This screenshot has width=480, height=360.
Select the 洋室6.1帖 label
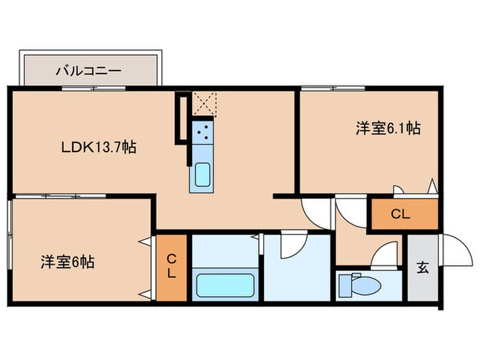387,128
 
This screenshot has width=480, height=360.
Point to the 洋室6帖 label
67,261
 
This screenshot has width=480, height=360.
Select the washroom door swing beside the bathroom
291,244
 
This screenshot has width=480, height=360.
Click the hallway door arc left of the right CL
351,211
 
